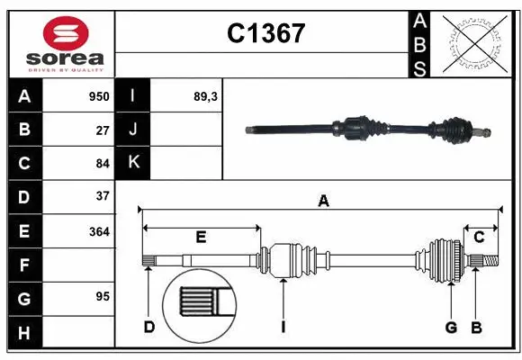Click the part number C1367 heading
pyautogui.click(x=265, y=34)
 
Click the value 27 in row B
pyautogui.click(x=103, y=130)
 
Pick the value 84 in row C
pyautogui.click(x=103, y=163)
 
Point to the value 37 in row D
pyautogui.click(x=103, y=196)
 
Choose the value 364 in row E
pyautogui.click(x=99, y=231)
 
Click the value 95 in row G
pyautogui.click(x=103, y=296)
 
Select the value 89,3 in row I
pyautogui.click(x=206, y=96)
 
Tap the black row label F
pyautogui.click(x=24, y=265)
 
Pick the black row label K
pyautogui.click(x=133, y=163)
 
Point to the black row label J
pyautogui.click(x=133, y=130)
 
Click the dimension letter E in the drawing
pyautogui.click(x=201, y=238)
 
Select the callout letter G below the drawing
pyautogui.click(x=451, y=327)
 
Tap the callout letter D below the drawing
pyautogui.click(x=149, y=327)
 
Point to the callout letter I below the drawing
pyautogui.click(x=283, y=327)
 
